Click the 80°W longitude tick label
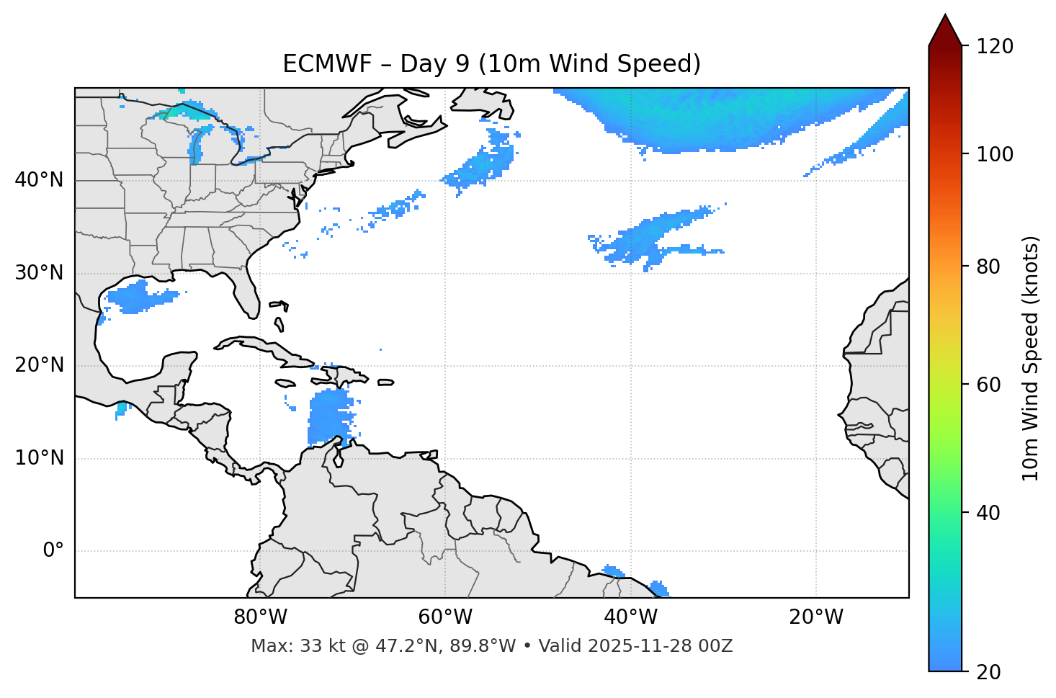point(260,617)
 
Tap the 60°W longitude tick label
point(445,617)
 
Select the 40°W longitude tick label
point(630,617)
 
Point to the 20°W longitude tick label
point(815,617)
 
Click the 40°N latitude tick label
point(39,180)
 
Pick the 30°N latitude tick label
point(39,273)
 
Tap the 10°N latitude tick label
point(39,458)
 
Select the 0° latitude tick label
point(53,551)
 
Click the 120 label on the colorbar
point(995,47)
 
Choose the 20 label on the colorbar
point(989,672)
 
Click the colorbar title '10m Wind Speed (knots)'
point(1031,358)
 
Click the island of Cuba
point(267,349)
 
